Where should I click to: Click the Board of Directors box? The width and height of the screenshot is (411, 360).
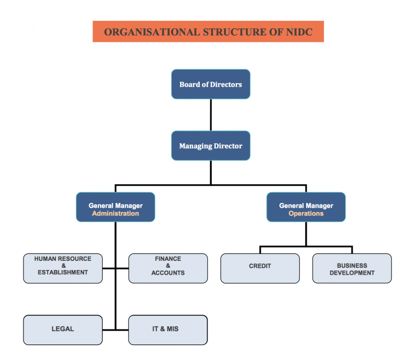coord(210,84)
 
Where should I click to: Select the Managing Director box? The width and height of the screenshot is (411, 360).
coord(210,146)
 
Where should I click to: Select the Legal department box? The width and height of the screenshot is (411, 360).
coord(63,329)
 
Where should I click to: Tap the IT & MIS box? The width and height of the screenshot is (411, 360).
coord(168,329)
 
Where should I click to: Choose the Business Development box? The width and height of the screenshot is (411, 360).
coord(352,268)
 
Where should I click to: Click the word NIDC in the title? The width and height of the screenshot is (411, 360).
coord(297,32)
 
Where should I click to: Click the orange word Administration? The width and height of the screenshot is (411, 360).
coord(116,213)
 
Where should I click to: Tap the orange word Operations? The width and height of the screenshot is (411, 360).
coord(306,213)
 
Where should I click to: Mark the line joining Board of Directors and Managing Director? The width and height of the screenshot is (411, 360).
coord(210,115)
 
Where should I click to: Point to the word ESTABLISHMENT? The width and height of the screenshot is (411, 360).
coord(63,273)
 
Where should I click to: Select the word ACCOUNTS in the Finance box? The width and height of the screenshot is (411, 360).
coord(168,273)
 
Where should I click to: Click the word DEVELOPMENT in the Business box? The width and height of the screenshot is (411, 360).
coord(352,273)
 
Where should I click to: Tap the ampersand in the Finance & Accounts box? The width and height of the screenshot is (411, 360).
coord(168,266)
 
